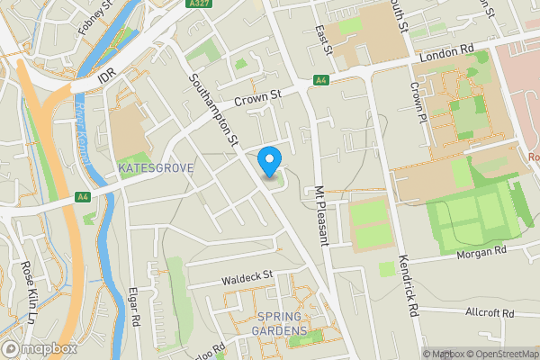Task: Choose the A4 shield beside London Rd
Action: click(320, 81)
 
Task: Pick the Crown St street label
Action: click(258, 94)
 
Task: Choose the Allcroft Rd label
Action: click(489, 313)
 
